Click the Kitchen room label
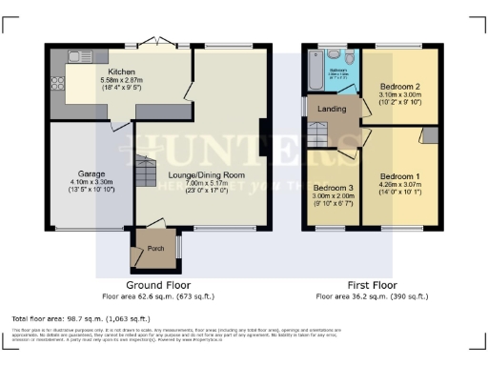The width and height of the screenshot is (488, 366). (121, 71)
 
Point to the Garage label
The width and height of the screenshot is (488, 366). (91, 174)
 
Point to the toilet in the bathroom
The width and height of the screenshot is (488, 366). (350, 61)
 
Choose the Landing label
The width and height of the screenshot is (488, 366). (331, 108)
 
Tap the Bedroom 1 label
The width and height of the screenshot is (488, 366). (399, 176)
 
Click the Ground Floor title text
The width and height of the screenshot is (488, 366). (158, 284)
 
